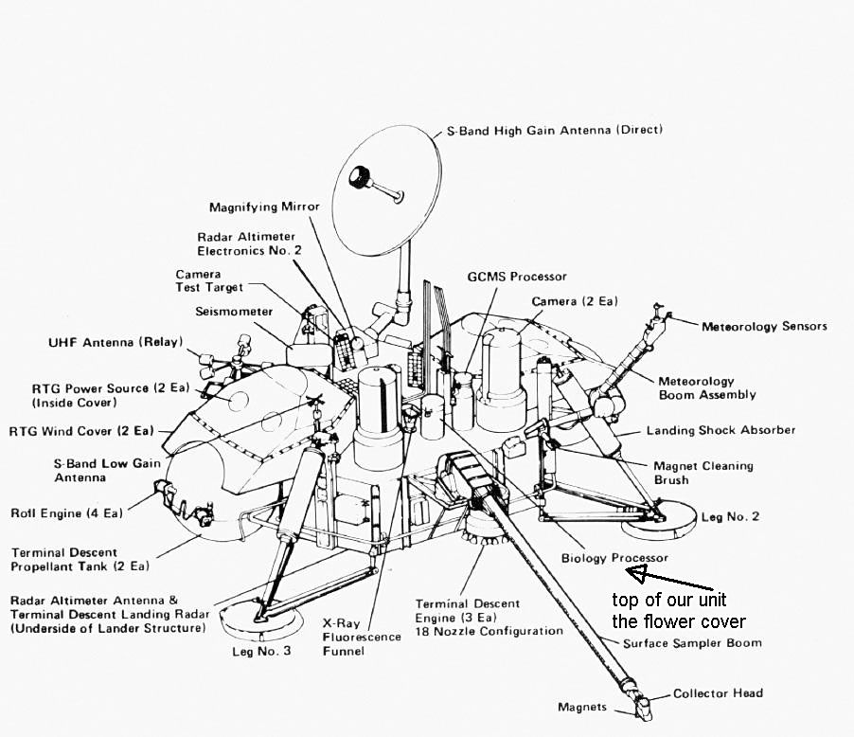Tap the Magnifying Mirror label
264,206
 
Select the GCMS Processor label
517,277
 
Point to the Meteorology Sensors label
764,326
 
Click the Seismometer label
234,312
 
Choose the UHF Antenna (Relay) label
116,342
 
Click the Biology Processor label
614,558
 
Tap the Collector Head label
718,692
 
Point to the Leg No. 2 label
730,516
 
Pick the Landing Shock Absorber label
721,430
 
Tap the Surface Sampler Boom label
692,643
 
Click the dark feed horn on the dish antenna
361,177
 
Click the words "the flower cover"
678,621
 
